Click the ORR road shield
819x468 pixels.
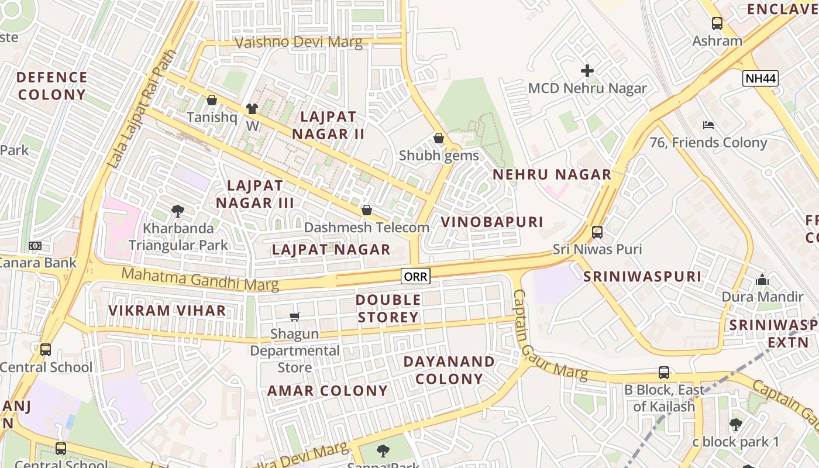coord(415,276)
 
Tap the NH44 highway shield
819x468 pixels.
coord(760,78)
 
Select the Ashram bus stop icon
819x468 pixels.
coord(717,23)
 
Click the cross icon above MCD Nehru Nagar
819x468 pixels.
coord(587,71)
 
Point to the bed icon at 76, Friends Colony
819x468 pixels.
coord(708,125)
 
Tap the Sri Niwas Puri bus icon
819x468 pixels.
coord(597,232)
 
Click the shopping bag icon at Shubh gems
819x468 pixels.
coord(439,138)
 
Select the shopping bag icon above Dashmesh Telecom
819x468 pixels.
coord(367,210)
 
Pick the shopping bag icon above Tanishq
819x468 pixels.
coord(212,100)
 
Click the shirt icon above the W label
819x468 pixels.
coord(252,108)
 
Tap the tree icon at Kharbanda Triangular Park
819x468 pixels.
coord(178,211)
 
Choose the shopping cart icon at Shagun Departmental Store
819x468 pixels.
coord(295,316)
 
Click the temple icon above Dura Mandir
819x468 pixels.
coord(762,280)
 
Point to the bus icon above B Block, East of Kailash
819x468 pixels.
coord(663,373)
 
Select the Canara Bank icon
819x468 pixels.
coord(35,246)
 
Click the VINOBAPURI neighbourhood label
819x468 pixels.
coord(492,222)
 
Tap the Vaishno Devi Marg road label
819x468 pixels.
coord(298,42)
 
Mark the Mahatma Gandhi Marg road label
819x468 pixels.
coord(200,278)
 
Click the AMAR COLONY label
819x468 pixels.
coord(328,391)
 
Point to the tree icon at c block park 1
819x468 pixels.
coord(736,424)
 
